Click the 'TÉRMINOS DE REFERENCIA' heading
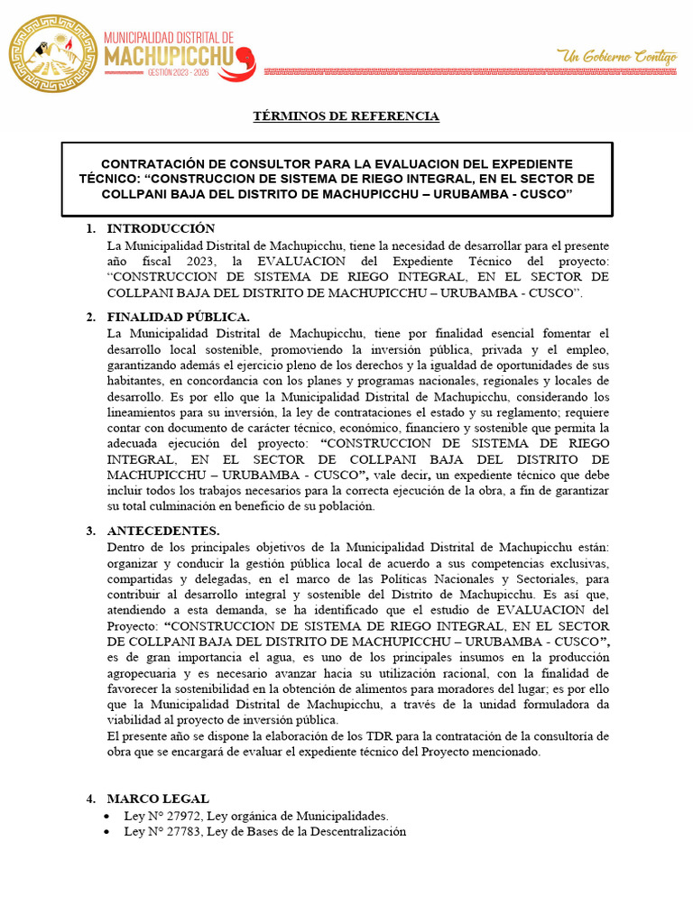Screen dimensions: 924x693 pos(346,116)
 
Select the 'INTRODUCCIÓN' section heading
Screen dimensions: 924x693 pos(162,228)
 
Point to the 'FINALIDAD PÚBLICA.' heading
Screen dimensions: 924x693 pos(178,317)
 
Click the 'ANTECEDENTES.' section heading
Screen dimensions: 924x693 pos(163,531)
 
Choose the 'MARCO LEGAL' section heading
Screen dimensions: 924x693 pos(158,799)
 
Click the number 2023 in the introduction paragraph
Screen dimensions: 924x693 pos(204,261)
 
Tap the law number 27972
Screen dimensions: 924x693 pos(185,815)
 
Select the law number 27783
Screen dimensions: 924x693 pos(185,831)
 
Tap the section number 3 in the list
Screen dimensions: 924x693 pos(90,531)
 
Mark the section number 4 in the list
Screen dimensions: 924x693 pos(90,799)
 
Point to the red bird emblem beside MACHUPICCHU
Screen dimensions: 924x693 pos(245,61)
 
